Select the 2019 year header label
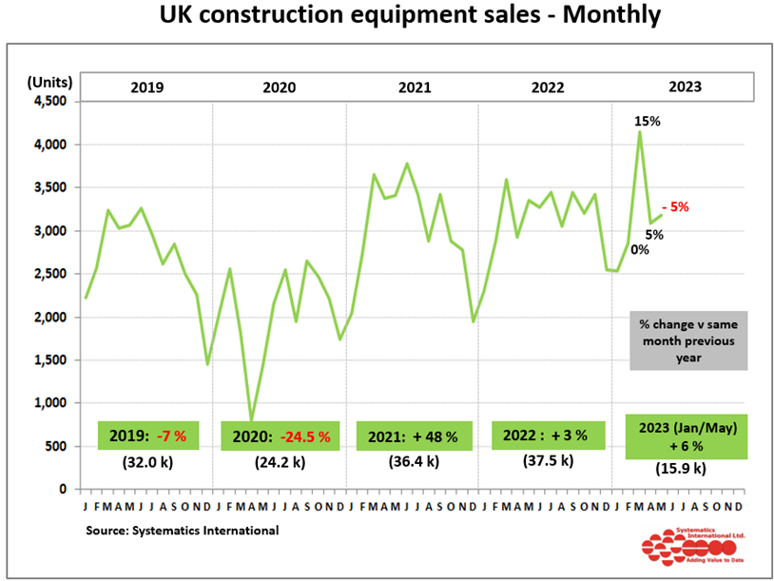click(x=146, y=87)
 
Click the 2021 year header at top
click(x=414, y=87)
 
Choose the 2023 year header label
click(x=685, y=87)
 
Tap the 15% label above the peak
click(x=648, y=122)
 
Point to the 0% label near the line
click(x=640, y=250)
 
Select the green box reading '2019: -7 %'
click(x=147, y=436)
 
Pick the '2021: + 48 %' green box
click(x=414, y=436)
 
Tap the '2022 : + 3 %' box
click(x=547, y=435)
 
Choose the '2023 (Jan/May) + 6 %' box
click(x=686, y=436)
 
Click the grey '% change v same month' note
click(x=688, y=340)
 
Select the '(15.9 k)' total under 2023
click(x=681, y=468)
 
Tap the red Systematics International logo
click(x=687, y=548)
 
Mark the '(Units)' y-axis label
click(x=46, y=80)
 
